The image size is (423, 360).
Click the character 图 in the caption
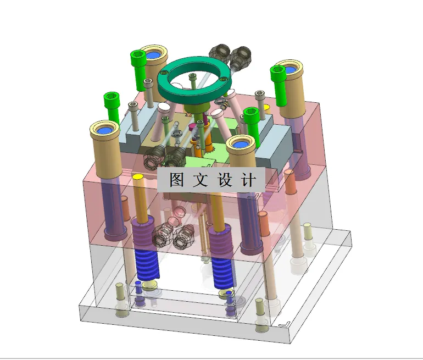point(176,180)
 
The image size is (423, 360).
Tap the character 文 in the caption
point(201,180)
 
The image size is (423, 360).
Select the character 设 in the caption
point(225,180)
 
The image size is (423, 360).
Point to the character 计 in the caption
point(249,180)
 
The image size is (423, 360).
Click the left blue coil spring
point(147,264)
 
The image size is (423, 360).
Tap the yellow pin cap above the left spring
point(137,177)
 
